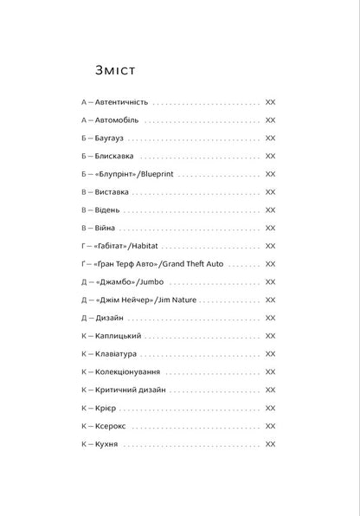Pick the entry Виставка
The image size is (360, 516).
113,191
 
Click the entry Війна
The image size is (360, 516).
106,228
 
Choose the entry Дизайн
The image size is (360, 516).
111,318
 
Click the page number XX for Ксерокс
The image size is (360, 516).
270,426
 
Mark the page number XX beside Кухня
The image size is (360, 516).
270,444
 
